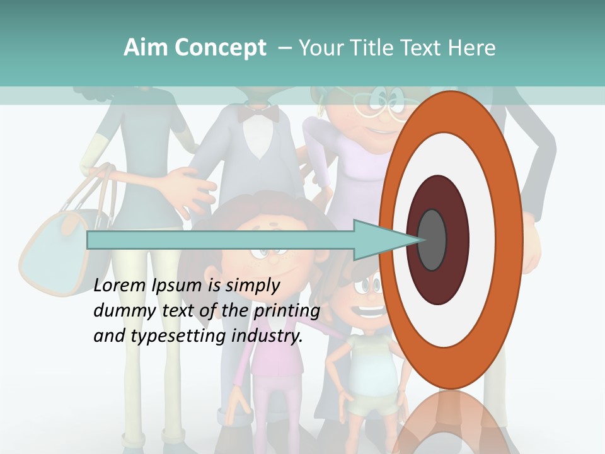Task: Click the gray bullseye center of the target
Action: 432,240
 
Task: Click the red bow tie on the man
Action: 258,113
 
